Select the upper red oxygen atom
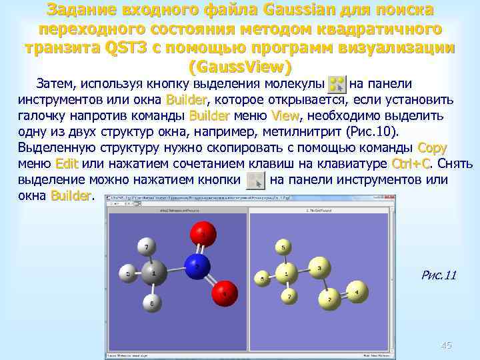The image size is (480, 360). [x=203, y=233]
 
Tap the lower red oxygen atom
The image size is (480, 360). [x=225, y=291]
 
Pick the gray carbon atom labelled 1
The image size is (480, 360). [x=154, y=273]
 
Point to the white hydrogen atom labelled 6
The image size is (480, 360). [x=153, y=303]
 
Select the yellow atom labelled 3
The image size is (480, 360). [x=320, y=269]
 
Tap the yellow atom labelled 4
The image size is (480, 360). [x=357, y=291]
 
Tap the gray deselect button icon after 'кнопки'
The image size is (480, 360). [x=255, y=180]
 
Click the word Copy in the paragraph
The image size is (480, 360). [x=432, y=147]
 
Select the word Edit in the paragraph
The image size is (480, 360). [x=67, y=163]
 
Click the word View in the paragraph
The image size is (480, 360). [x=285, y=115]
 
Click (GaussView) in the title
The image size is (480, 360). [x=240, y=67]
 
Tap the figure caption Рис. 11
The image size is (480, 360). [x=439, y=275]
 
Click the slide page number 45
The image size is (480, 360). [x=446, y=345]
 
